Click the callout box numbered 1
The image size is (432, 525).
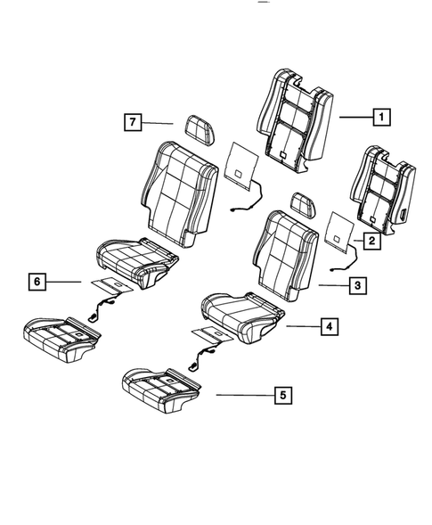point(380,116)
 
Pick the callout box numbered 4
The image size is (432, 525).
point(330,328)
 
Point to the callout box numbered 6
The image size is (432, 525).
point(36,283)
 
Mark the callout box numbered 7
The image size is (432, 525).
point(131,123)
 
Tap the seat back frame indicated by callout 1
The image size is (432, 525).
point(294,116)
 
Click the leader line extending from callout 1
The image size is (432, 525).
point(352,116)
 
